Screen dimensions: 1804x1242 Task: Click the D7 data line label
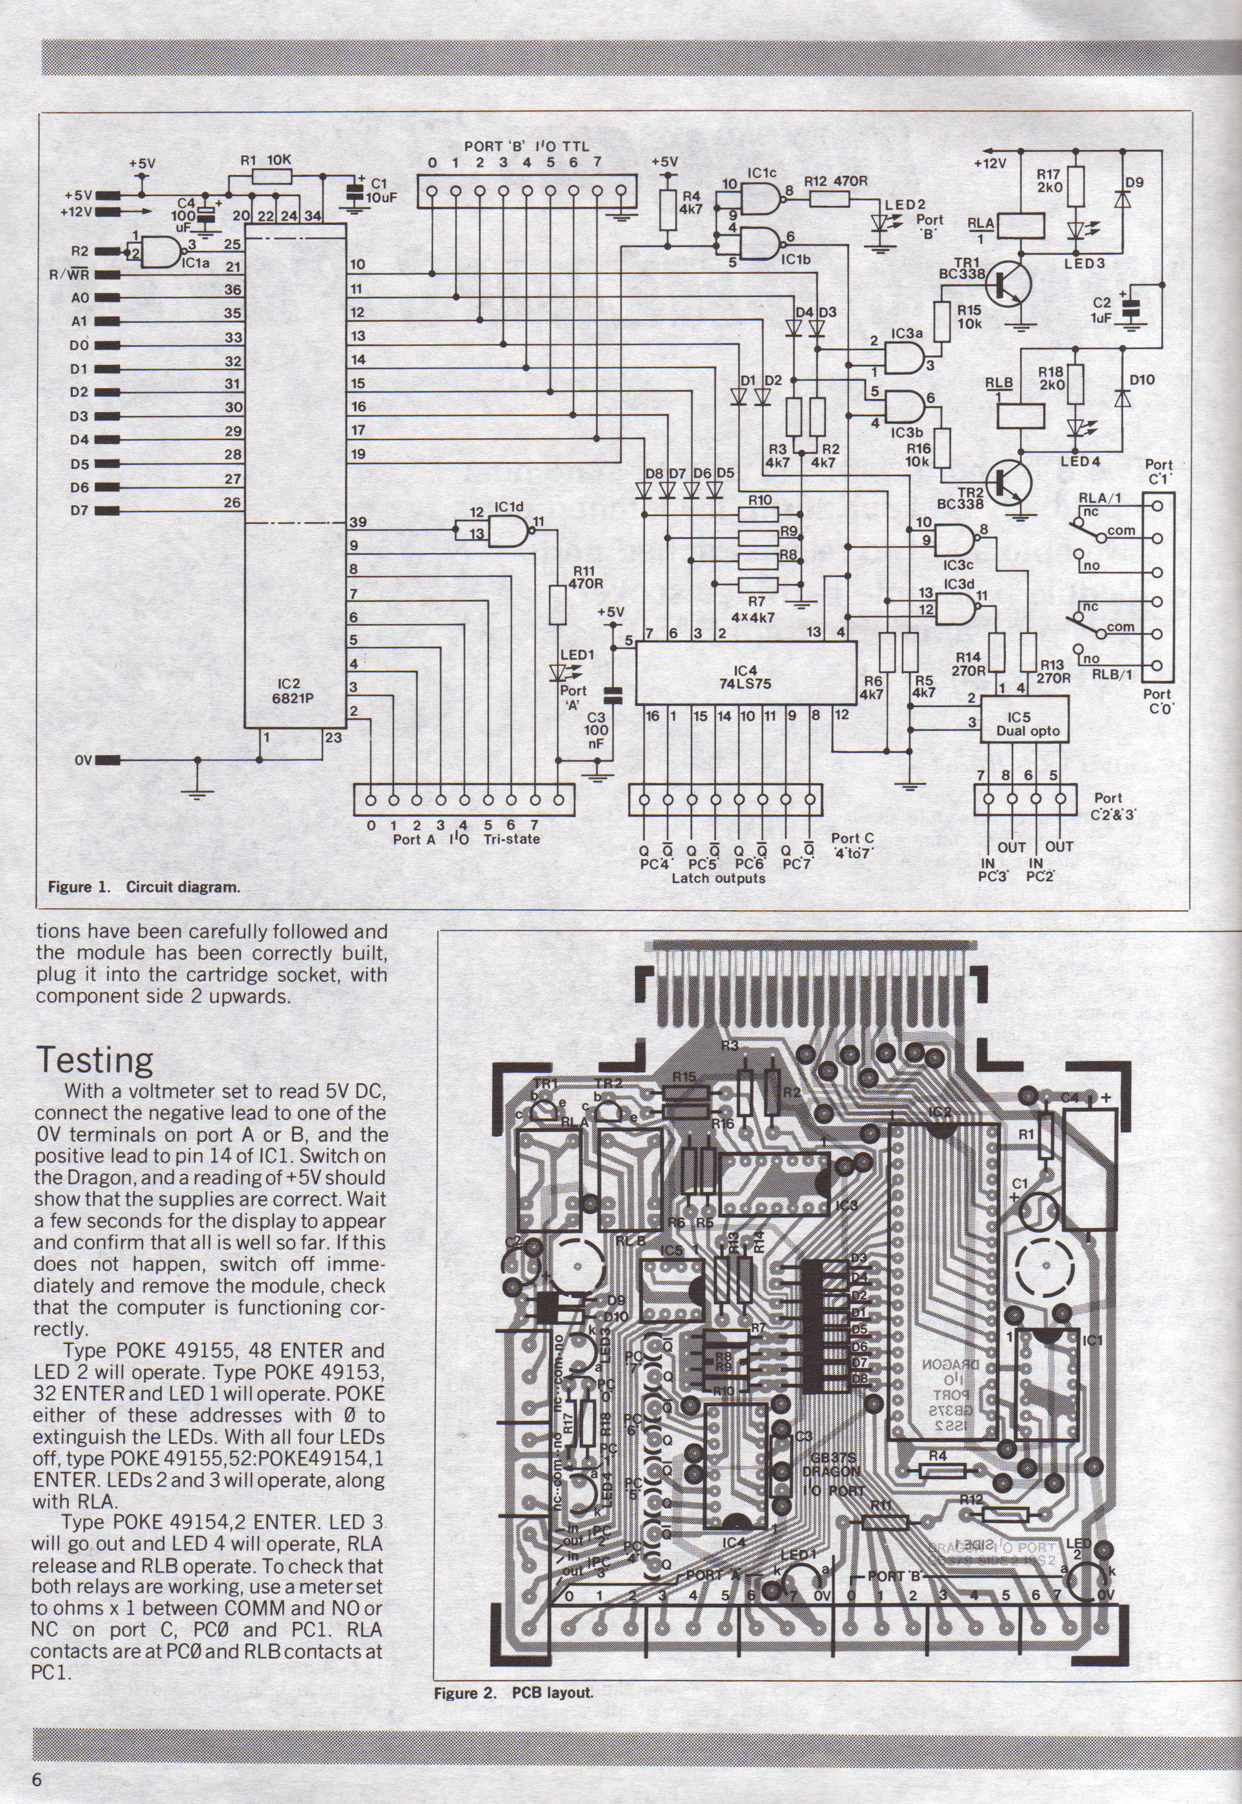[79, 511]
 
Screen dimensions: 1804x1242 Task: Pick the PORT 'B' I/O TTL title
[526, 145]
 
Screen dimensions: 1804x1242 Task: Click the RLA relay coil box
[1020, 227]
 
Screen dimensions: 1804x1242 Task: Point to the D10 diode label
[1142, 380]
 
